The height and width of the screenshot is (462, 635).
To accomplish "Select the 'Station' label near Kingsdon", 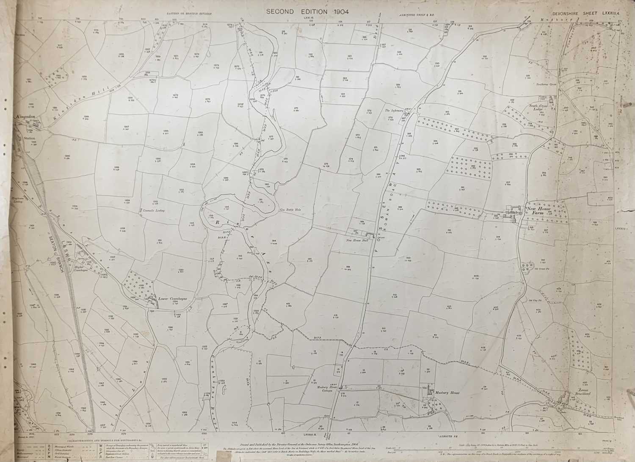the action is point(30,138).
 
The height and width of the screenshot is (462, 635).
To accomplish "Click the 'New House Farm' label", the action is point(540,211).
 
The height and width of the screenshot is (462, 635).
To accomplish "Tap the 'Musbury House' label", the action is point(447,393).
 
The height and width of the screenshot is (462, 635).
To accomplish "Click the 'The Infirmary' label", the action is point(395,111).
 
